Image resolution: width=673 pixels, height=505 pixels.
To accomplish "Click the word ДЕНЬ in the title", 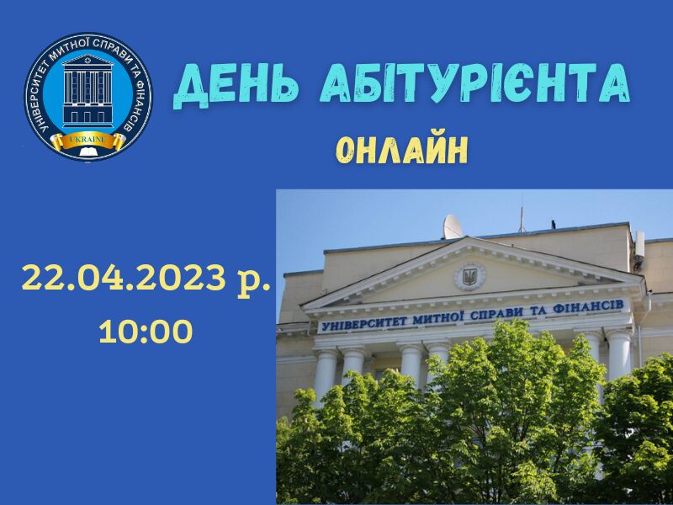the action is (x=235, y=86).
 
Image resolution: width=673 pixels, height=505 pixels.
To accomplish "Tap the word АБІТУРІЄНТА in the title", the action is (x=474, y=83).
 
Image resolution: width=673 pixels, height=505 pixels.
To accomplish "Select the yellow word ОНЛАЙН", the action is (x=401, y=151).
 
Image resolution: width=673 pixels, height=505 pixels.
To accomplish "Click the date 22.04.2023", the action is (x=124, y=277).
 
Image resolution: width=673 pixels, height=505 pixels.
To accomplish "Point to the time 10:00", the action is (x=146, y=331).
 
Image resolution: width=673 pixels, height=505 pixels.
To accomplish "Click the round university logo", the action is (x=88, y=96).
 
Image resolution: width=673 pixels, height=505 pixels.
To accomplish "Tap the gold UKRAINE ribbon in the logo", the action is (x=88, y=141).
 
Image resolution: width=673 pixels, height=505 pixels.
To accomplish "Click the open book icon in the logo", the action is (x=88, y=151).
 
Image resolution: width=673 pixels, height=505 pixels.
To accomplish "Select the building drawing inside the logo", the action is (x=88, y=90).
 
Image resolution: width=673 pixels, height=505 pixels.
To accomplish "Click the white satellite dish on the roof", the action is (x=453, y=226).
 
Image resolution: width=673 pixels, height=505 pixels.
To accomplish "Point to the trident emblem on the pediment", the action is (x=470, y=277).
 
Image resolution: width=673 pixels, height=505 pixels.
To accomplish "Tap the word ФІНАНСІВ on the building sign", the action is (x=588, y=307).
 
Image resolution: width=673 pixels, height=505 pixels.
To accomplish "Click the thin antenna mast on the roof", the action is (x=522, y=214).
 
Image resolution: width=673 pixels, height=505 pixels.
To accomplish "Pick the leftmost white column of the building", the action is (x=325, y=375).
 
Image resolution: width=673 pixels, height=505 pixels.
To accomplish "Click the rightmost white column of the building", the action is (x=619, y=354).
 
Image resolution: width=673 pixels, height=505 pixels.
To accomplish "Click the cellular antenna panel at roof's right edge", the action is (x=640, y=244).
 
